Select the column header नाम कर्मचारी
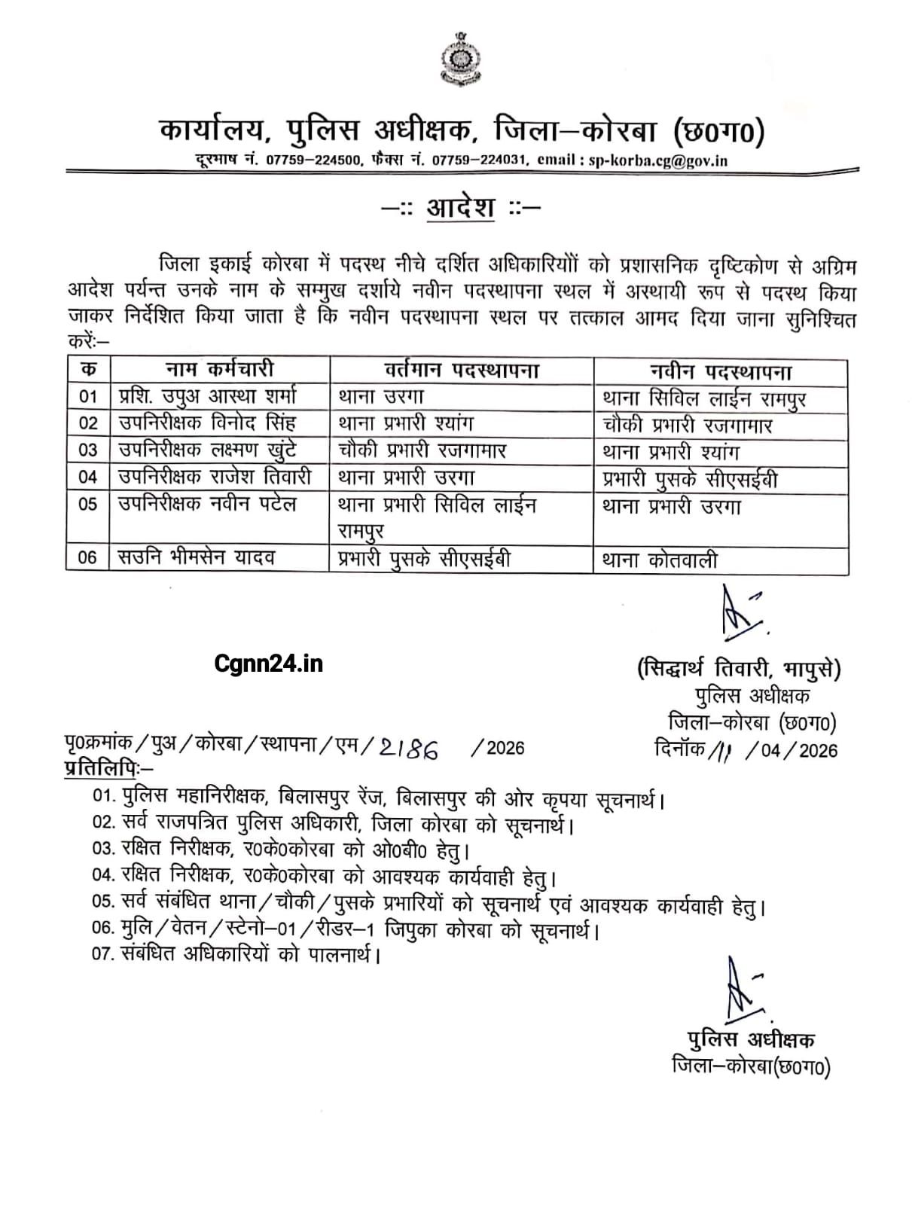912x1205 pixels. tap(219, 370)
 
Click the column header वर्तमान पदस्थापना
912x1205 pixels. tap(461, 370)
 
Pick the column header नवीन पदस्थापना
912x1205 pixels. tap(720, 371)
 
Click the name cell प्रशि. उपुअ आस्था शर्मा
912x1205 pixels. tap(208, 396)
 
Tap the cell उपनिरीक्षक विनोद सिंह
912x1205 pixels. tap(207, 423)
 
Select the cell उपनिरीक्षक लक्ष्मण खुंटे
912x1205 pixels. tap(207, 450)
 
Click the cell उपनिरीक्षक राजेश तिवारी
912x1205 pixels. tap(215, 477)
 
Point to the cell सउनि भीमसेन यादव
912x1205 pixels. tap(197, 558)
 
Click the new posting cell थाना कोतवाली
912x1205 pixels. tap(660, 560)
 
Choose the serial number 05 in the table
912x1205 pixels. tap(88, 504)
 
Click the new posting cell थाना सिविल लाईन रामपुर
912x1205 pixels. tap(704, 398)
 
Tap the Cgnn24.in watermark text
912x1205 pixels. tap(268, 663)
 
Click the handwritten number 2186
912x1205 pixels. tap(410, 748)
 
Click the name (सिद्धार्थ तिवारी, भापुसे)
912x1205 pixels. tap(739, 669)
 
